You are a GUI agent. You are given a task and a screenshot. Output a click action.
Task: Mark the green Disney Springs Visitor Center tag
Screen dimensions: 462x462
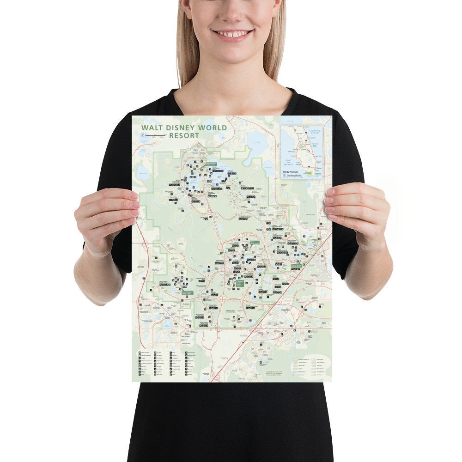click(296, 266)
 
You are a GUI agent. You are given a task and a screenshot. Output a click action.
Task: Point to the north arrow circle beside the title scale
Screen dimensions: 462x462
click(143, 135)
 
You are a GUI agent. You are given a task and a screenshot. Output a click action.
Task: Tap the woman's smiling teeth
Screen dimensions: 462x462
click(232, 34)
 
